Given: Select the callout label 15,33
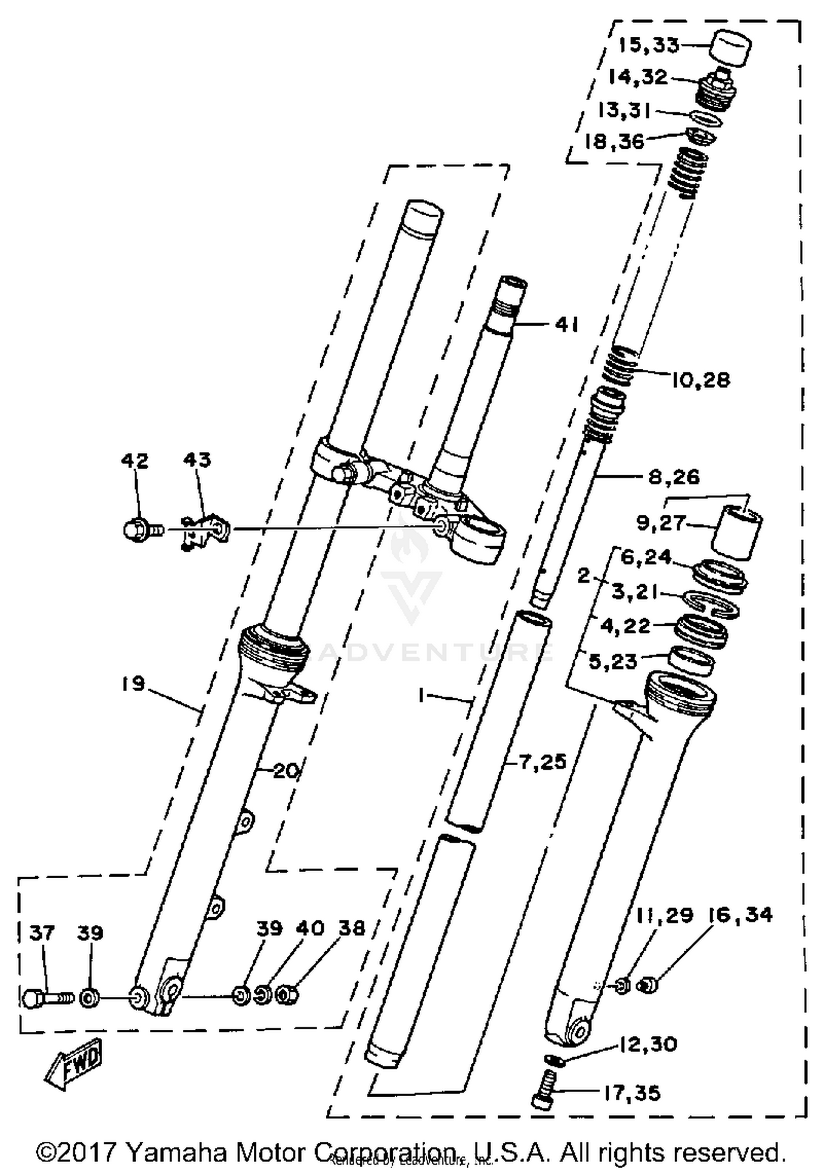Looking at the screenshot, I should (648, 45).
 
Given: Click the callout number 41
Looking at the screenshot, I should (566, 325).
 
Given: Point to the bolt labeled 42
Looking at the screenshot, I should (141, 530).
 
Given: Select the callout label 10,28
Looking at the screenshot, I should (701, 380).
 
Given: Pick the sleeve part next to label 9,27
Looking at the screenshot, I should (737, 533).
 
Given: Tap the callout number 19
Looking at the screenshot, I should (133, 684).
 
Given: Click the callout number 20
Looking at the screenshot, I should (286, 771).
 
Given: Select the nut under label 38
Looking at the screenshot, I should (287, 995).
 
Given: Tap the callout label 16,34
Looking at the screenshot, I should (739, 915).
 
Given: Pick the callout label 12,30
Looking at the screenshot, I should (648, 1044).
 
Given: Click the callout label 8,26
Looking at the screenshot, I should (673, 476).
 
